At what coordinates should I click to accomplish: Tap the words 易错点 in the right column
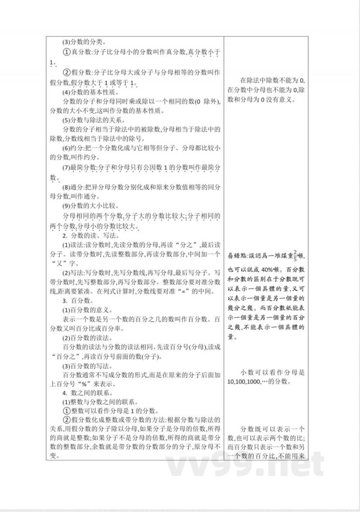click(x=238, y=255)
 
